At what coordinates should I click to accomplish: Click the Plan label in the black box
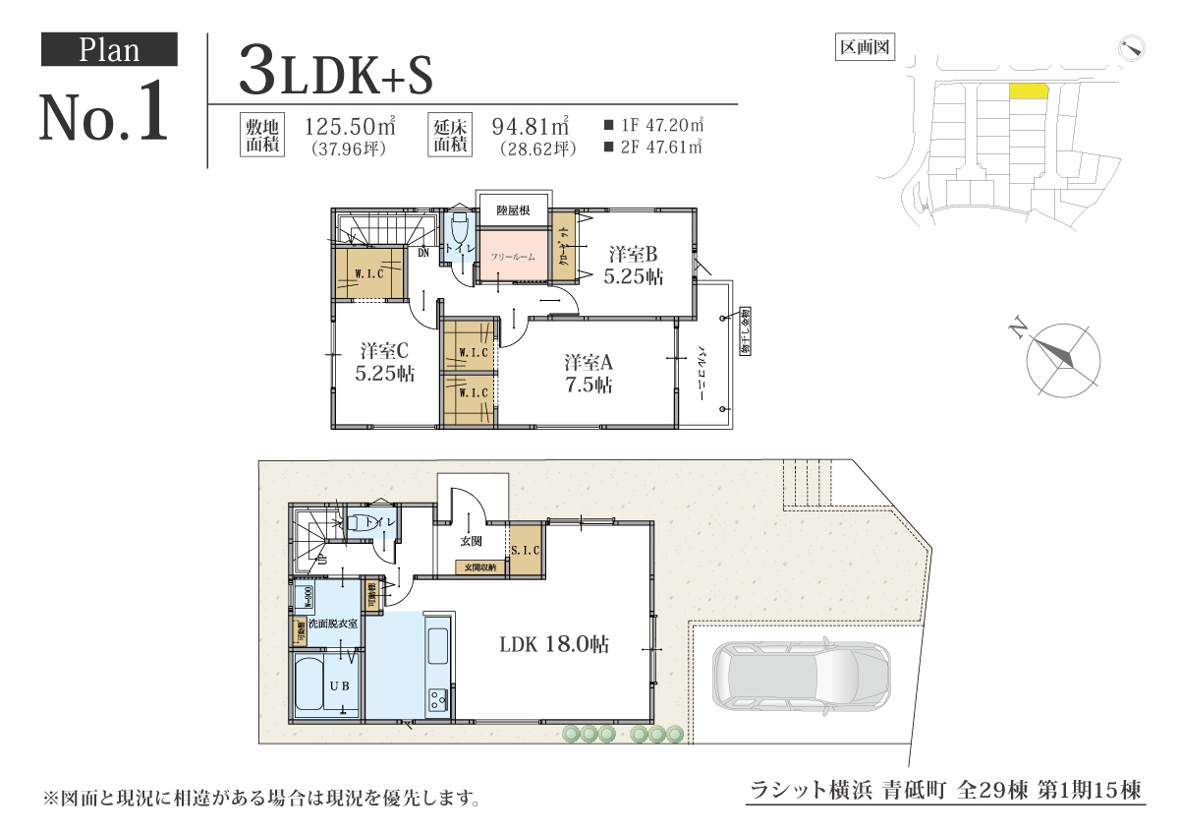point(108,49)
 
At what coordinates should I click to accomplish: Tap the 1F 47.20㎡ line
point(655,126)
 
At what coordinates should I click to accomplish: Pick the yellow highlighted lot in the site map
point(1029,91)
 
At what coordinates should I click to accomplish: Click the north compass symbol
point(1062,359)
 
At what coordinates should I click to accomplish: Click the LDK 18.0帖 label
point(553,645)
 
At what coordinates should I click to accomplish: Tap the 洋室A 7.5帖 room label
point(589,373)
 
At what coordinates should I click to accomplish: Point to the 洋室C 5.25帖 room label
point(383,362)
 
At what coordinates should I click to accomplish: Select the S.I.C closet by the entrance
point(526,552)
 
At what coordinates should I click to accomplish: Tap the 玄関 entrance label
point(471,541)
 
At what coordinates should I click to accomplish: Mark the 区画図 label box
point(864,46)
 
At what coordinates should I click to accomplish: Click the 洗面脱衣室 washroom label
point(331,624)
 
